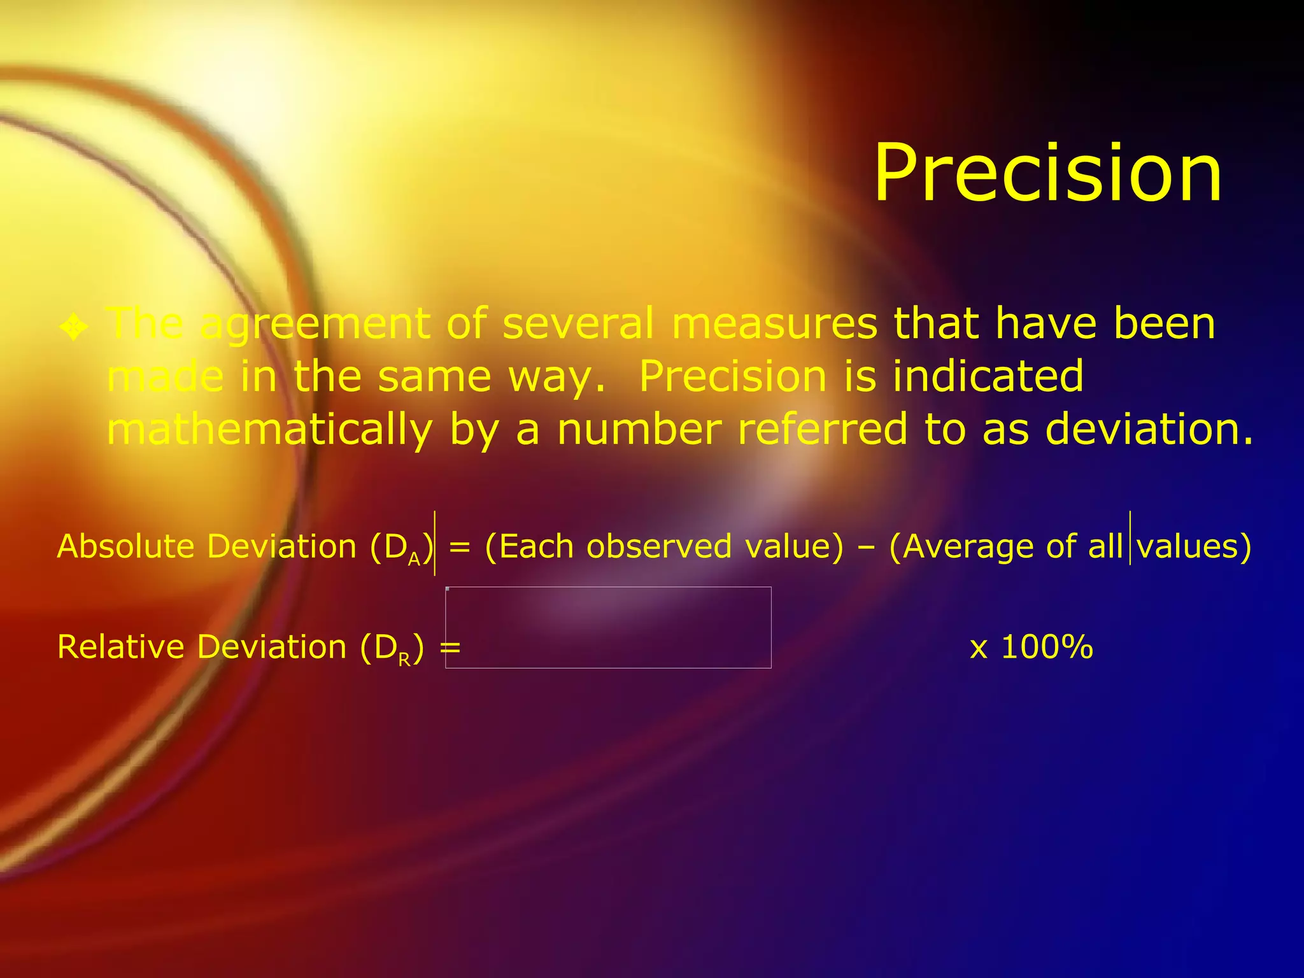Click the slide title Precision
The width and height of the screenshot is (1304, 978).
tap(1047, 173)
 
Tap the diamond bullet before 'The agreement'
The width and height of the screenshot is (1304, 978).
tap(74, 327)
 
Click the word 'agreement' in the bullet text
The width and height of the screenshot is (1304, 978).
tap(315, 325)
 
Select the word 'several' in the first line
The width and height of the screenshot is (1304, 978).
tap(578, 323)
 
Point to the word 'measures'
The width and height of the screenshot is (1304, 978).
tap(774, 323)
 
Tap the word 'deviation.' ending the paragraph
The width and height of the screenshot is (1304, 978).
tap(1149, 429)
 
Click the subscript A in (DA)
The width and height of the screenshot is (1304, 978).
tap(414, 559)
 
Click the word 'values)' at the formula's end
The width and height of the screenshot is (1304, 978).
tap(1194, 546)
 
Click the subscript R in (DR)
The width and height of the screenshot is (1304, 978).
tap(404, 660)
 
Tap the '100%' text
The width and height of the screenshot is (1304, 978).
tap(1047, 647)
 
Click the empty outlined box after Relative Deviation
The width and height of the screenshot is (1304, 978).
tap(608, 627)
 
